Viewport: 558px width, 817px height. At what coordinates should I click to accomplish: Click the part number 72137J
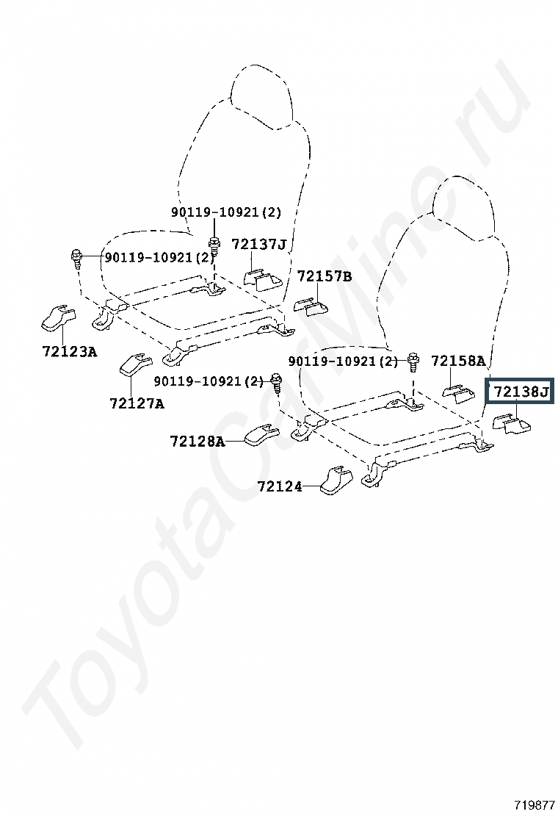[x=258, y=244]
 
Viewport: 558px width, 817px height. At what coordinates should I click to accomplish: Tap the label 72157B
[x=324, y=276]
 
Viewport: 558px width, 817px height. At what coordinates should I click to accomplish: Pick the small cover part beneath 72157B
[x=312, y=306]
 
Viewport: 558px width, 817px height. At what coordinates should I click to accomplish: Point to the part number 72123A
[x=69, y=351]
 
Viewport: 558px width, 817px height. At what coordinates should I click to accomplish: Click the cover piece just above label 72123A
[x=57, y=317]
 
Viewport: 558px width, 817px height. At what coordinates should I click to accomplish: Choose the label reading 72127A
[x=137, y=403]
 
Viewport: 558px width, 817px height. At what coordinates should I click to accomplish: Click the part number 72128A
[x=197, y=441]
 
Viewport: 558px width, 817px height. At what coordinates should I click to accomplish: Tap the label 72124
[x=279, y=486]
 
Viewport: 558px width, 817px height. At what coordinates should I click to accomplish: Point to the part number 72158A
[x=457, y=361]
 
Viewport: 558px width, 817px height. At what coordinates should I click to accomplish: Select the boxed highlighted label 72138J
[x=521, y=392]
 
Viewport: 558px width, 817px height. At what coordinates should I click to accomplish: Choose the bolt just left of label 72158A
[x=413, y=361]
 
